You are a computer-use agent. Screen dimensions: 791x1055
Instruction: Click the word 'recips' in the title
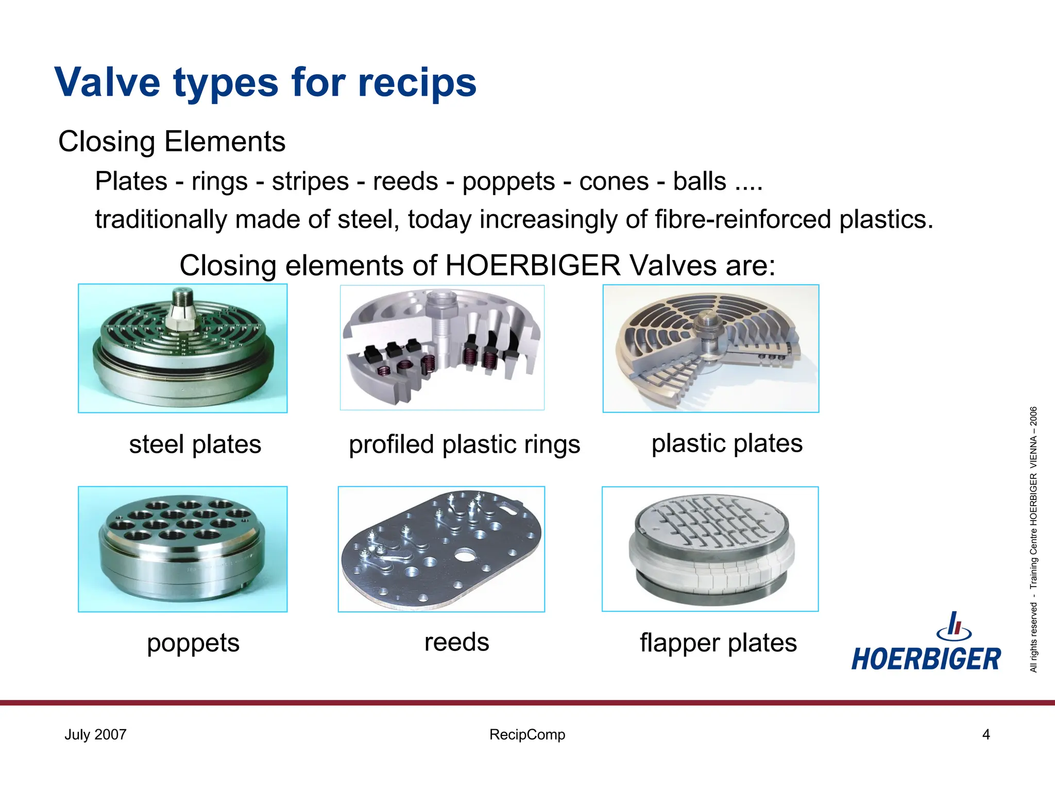click(417, 83)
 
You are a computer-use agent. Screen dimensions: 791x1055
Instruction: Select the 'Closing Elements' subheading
click(172, 142)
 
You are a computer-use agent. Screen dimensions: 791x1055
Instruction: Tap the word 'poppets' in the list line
click(508, 182)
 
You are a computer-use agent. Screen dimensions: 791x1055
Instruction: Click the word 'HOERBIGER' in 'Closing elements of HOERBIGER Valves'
click(533, 266)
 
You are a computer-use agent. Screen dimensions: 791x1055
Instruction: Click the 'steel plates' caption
click(195, 444)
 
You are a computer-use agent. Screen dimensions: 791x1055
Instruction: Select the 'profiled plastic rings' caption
click(464, 444)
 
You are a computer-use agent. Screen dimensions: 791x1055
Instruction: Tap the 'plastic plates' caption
click(727, 443)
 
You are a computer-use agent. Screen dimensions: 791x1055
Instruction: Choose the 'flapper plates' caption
click(718, 643)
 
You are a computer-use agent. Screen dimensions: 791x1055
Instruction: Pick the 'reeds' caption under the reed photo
click(456, 642)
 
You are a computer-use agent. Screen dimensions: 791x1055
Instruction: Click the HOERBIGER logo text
click(926, 659)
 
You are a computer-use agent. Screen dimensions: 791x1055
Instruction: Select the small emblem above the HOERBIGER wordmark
click(954, 627)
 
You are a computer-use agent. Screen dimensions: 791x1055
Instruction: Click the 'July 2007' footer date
click(95, 734)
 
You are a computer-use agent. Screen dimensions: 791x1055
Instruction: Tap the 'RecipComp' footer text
click(527, 734)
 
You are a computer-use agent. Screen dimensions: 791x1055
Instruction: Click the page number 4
click(986, 734)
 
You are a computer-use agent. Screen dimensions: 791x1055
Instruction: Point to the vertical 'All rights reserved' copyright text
click(1033, 541)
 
